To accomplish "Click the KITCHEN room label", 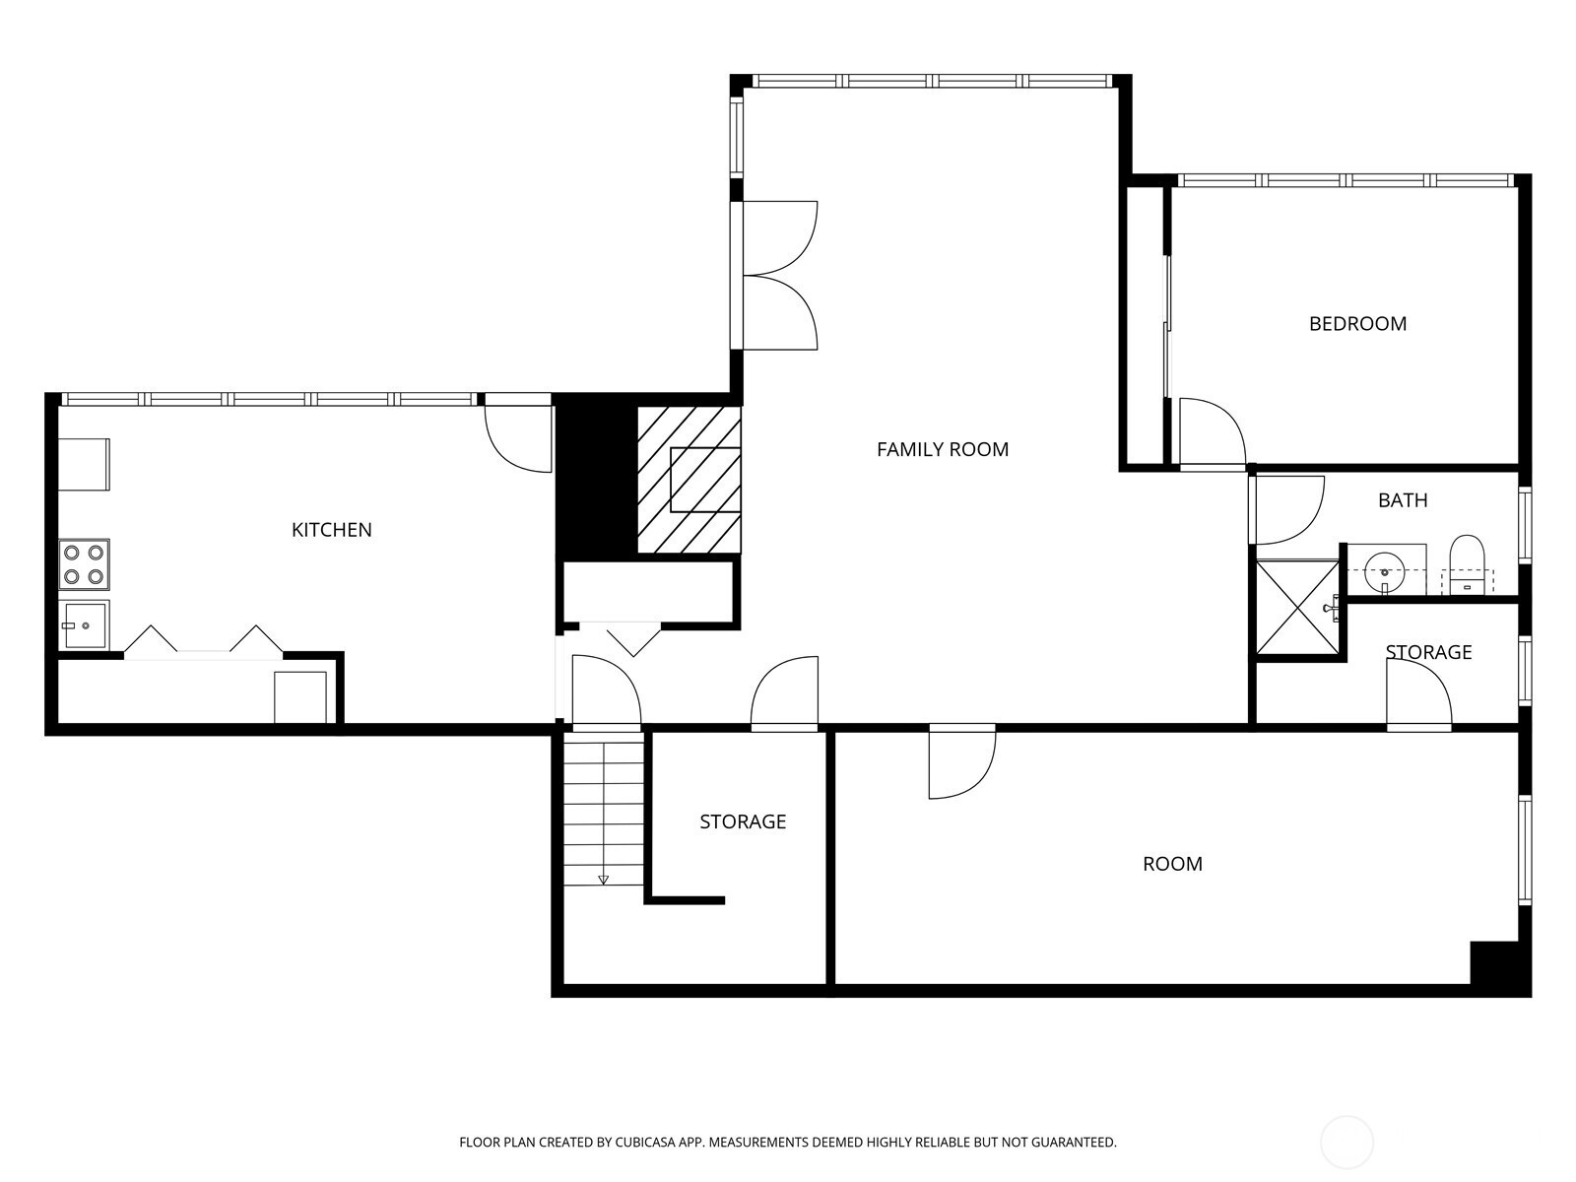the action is (x=331, y=530).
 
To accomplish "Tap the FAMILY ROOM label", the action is (x=942, y=449).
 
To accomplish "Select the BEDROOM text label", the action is (x=1357, y=324).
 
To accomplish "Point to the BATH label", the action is (x=1403, y=500).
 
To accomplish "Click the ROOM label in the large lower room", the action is (x=1172, y=864).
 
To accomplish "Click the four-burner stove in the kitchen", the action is (x=84, y=564).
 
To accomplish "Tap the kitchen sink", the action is (x=84, y=624).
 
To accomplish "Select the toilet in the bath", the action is (x=1466, y=564).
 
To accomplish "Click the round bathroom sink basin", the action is (x=1384, y=572).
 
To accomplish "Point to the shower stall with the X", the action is (x=1296, y=608).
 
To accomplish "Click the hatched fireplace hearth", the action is (x=689, y=480).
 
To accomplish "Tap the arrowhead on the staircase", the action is (x=603, y=880).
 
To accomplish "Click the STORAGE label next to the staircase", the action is (x=743, y=821).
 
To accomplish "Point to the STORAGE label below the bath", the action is (x=1428, y=652).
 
